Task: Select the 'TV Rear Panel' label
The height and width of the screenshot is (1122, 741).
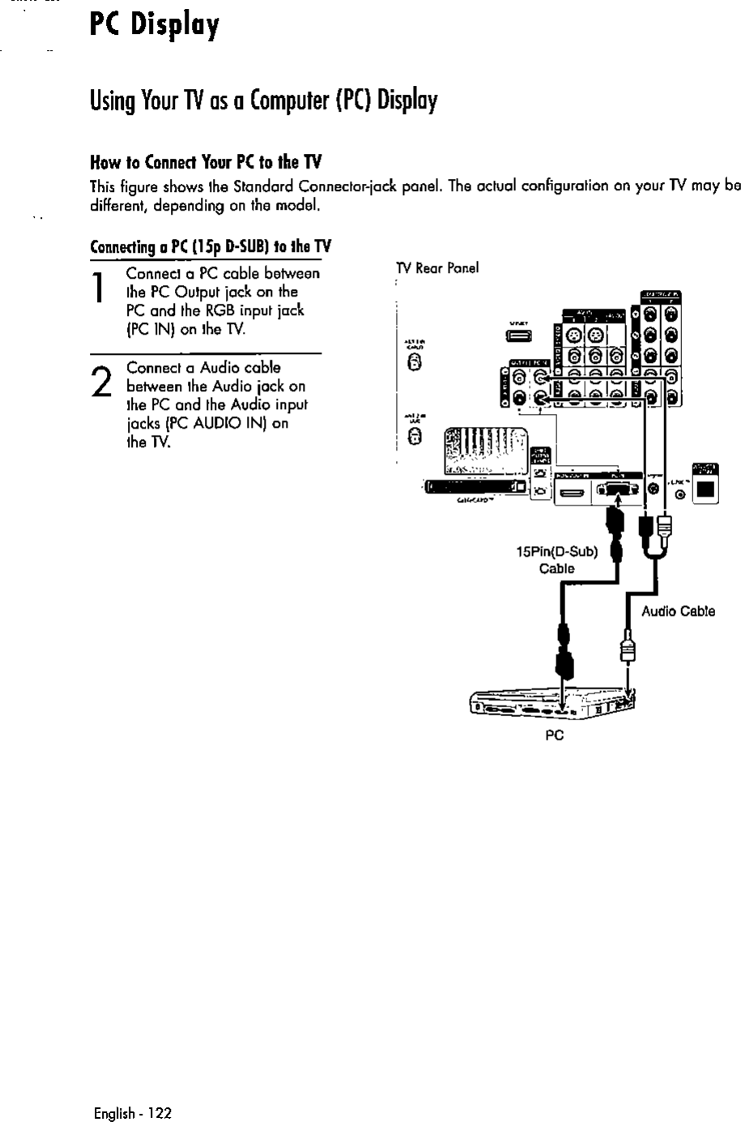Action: (437, 268)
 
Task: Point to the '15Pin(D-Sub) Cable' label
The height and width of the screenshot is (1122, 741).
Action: (557, 561)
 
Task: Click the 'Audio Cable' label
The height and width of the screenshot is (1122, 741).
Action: (678, 612)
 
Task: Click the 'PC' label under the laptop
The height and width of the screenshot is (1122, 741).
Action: (554, 735)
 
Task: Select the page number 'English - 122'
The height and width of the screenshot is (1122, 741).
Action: (133, 1113)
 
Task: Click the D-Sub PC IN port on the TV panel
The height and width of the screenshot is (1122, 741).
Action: (618, 489)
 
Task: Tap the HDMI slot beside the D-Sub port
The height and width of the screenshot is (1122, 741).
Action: (571, 490)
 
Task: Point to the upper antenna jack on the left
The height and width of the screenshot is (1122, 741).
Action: (415, 364)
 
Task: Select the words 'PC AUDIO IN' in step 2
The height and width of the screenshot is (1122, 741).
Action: (229, 423)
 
